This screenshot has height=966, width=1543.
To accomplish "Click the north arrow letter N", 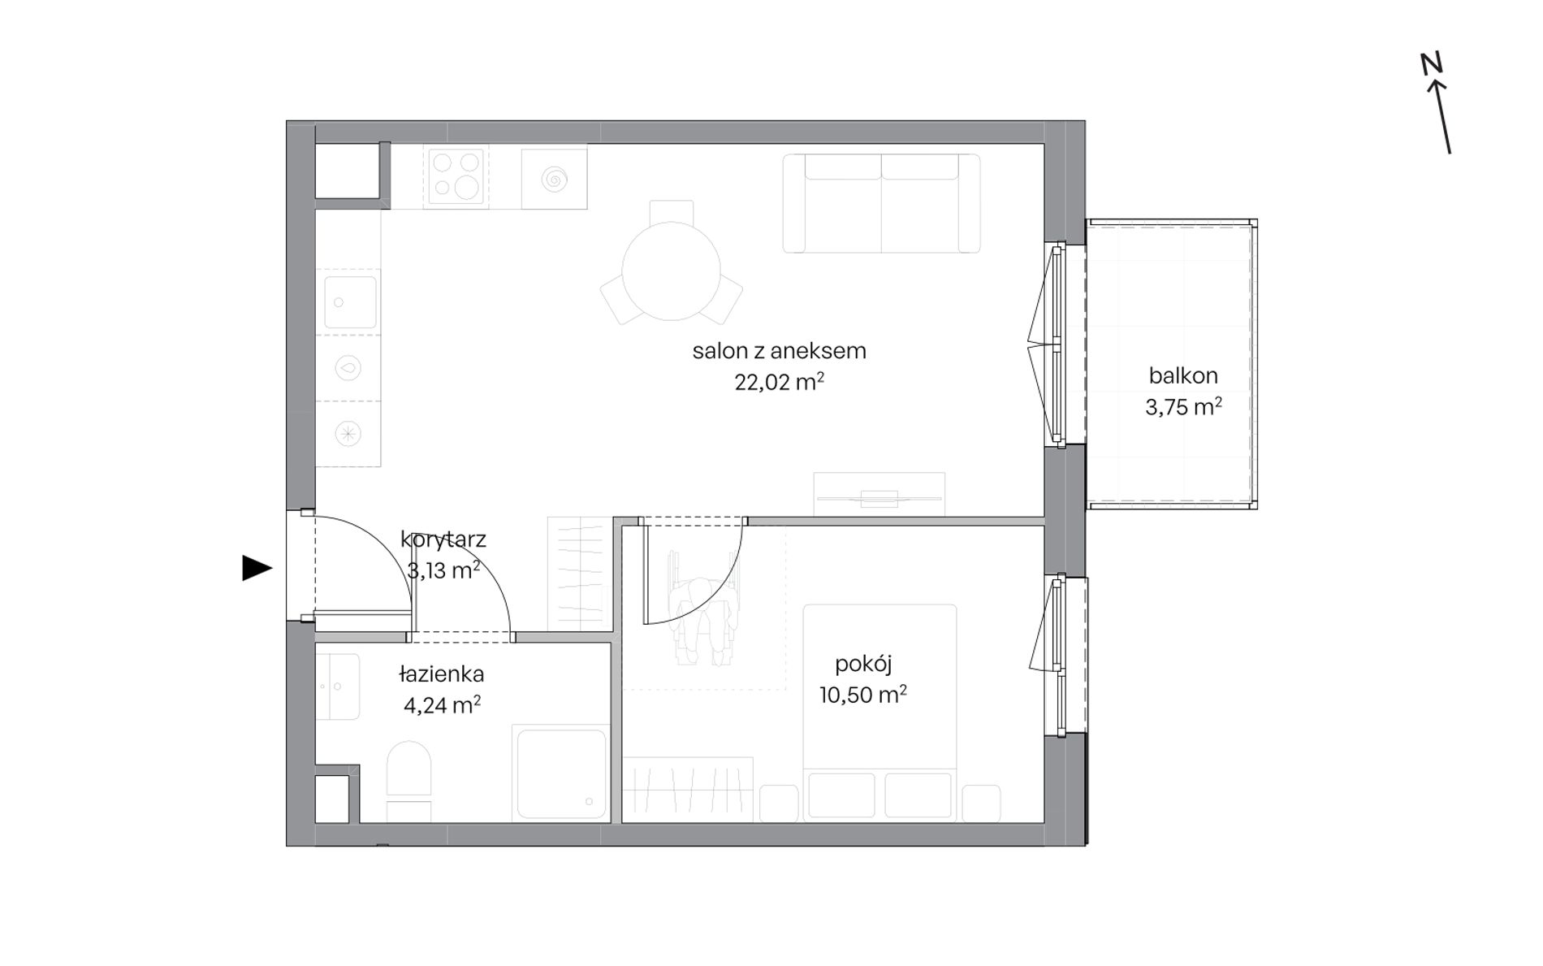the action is tap(1431, 63).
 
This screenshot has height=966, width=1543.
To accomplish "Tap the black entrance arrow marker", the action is tap(257, 569).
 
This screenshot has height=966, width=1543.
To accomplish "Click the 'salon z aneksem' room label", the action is tap(779, 351).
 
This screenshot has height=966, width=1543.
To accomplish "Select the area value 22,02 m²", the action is tap(779, 382).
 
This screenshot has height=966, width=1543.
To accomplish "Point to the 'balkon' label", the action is tap(1182, 376).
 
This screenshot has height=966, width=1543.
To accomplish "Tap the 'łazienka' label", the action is tap(441, 674).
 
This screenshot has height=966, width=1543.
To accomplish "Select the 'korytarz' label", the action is tap(443, 539).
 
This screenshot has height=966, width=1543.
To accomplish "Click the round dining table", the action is tap(671, 271).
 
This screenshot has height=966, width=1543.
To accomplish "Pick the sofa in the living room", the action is tap(881, 203).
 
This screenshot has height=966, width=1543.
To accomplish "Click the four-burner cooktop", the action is tap(455, 175).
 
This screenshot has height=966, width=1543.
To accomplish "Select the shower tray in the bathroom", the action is tap(561, 773).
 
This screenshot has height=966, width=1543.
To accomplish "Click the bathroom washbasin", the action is tap(337, 687).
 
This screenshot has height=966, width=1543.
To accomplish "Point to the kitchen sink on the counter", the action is tap(350, 302).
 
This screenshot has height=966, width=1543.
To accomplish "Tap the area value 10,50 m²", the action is tap(862, 695).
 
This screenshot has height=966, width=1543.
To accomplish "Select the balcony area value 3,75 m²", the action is tap(1183, 407).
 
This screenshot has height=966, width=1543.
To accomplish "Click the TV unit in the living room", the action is tap(880, 495).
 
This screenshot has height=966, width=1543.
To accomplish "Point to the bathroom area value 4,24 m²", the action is tap(442, 705).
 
